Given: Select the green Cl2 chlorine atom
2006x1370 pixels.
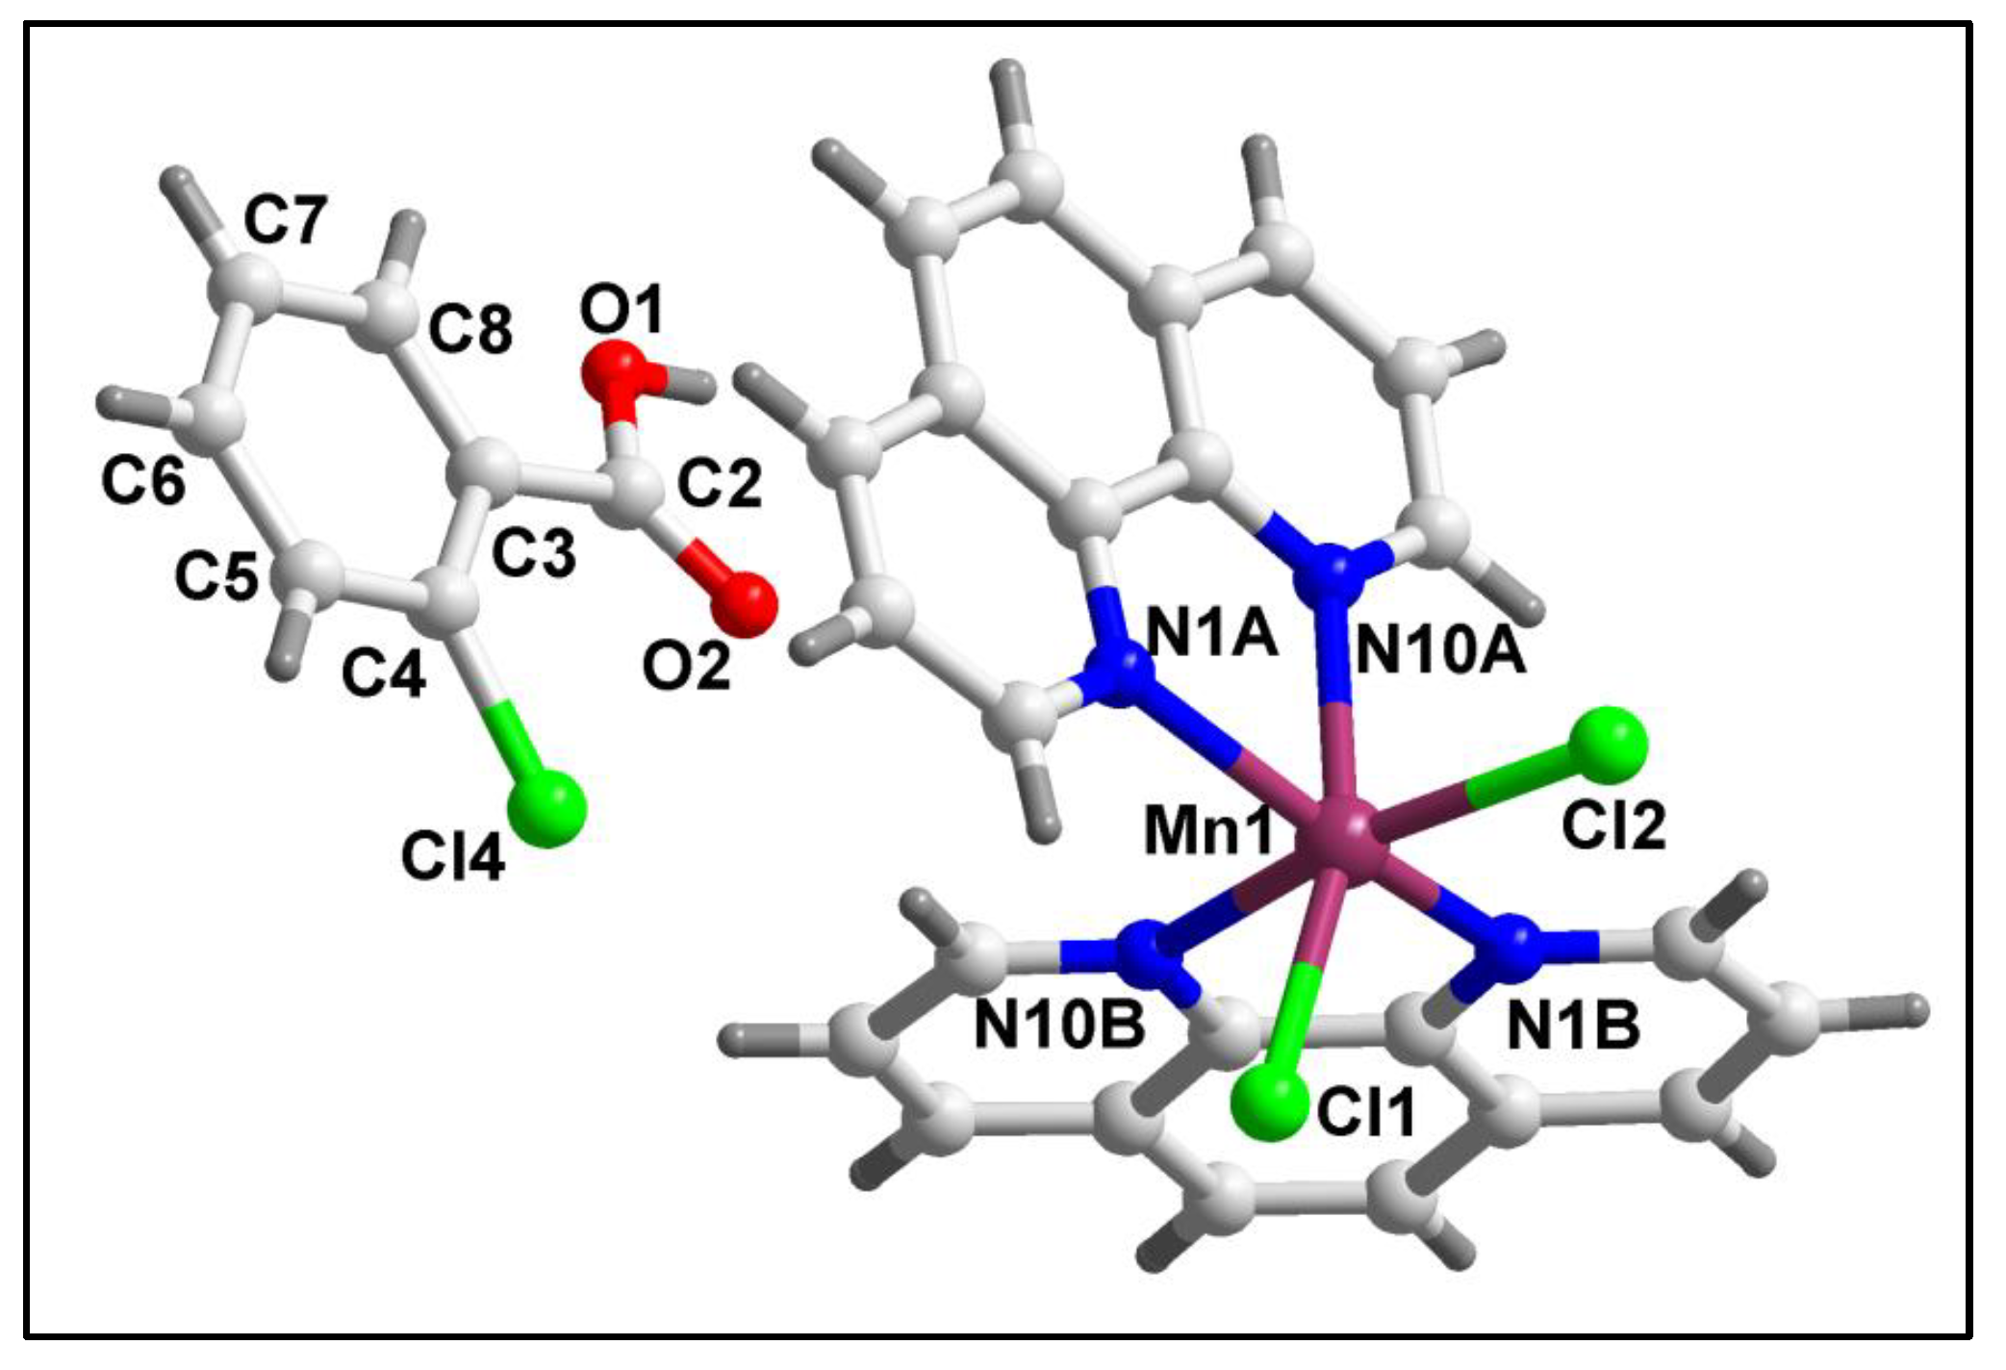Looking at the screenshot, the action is [x=1608, y=744].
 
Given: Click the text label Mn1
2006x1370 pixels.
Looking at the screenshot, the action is [x=1207, y=831].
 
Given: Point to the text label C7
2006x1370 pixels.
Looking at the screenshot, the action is [x=286, y=219].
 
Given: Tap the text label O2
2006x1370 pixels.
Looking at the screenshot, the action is [x=686, y=666].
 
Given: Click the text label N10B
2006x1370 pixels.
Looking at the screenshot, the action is [x=1058, y=1024].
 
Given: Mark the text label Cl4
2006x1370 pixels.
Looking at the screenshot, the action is [x=452, y=856].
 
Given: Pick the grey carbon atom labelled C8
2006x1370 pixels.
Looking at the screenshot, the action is [x=391, y=313].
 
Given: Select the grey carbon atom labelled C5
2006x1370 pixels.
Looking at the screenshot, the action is [x=310, y=574].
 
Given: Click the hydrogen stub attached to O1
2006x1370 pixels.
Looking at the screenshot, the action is [x=693, y=385].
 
